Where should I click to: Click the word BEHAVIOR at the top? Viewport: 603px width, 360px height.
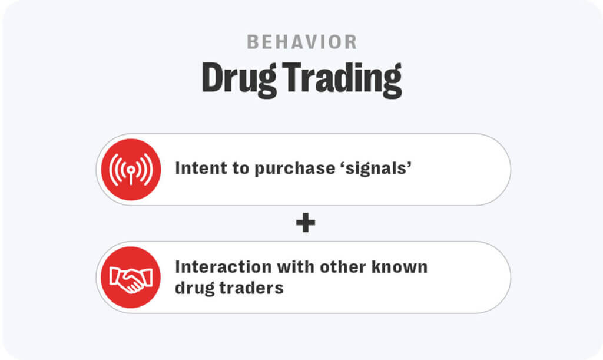coord(301,42)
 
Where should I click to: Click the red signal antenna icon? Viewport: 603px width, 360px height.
coord(130,169)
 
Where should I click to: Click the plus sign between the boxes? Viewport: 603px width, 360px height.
coord(305,223)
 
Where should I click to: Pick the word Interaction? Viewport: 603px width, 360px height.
coord(224,266)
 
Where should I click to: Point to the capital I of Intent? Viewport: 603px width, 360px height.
coord(178,169)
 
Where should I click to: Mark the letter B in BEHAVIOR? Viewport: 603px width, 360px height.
coord(252,42)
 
